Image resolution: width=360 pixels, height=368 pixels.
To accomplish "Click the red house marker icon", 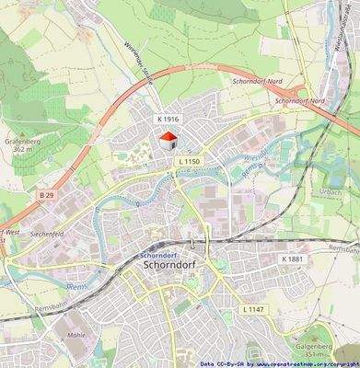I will click(x=168, y=140).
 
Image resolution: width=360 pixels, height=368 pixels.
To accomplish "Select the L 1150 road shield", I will click(x=187, y=162).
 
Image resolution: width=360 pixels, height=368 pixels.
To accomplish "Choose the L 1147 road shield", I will click(x=253, y=309).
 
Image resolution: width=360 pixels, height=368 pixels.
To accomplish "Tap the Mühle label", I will click(x=76, y=335).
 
